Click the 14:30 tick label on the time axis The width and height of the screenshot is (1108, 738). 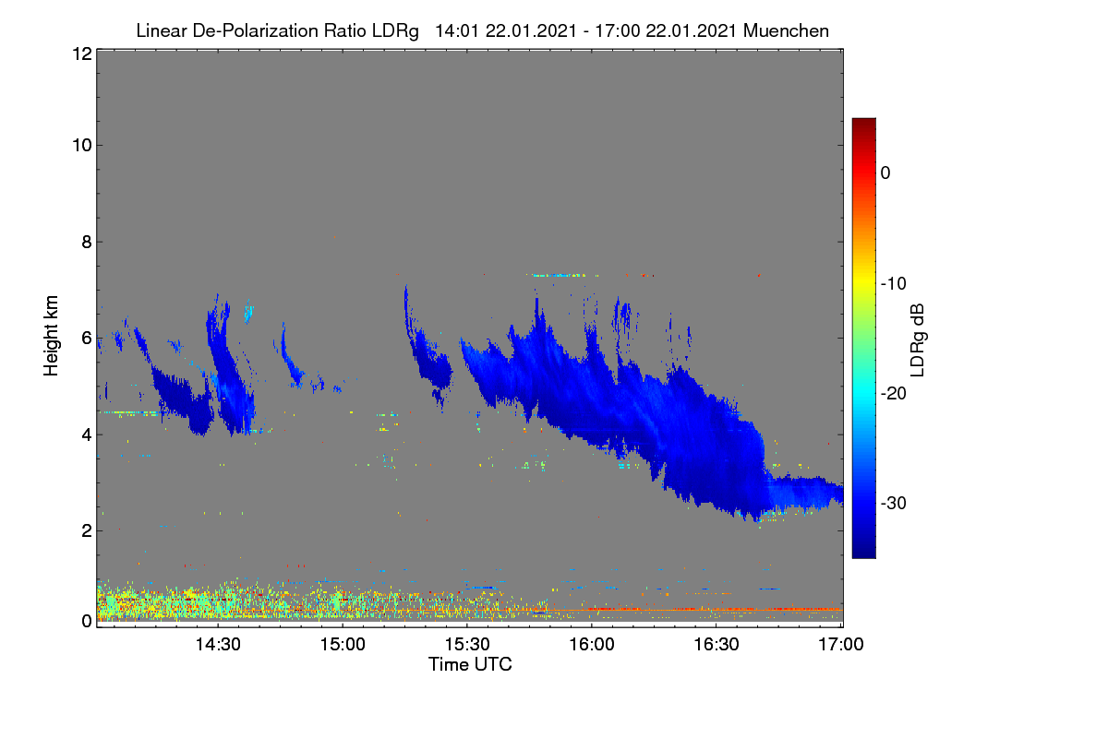tap(218, 645)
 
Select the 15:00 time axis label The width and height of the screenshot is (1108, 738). tap(343, 645)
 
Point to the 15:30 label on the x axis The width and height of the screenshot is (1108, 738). tap(467, 645)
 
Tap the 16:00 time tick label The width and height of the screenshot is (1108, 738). tap(592, 645)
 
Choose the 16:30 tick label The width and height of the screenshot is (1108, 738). tap(717, 645)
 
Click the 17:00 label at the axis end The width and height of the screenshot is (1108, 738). tap(841, 645)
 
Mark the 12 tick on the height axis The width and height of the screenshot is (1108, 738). tap(82, 54)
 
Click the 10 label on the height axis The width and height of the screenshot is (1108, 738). tap(82, 146)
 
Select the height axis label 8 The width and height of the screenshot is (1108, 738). tap(87, 242)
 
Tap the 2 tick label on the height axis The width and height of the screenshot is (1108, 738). tap(87, 530)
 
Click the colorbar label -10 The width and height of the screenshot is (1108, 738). tap(894, 284)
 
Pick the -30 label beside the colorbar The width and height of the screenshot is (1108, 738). tap(894, 503)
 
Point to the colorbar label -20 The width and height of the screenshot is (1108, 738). tap(894, 394)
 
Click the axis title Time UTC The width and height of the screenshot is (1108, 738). tap(470, 664)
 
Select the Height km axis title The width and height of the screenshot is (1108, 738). tap(51, 336)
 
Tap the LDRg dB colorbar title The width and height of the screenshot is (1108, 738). tap(918, 340)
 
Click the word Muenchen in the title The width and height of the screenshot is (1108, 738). tap(786, 30)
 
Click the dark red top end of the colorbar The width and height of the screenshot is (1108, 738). tap(863, 120)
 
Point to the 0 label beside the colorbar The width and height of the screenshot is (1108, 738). tap(885, 173)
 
